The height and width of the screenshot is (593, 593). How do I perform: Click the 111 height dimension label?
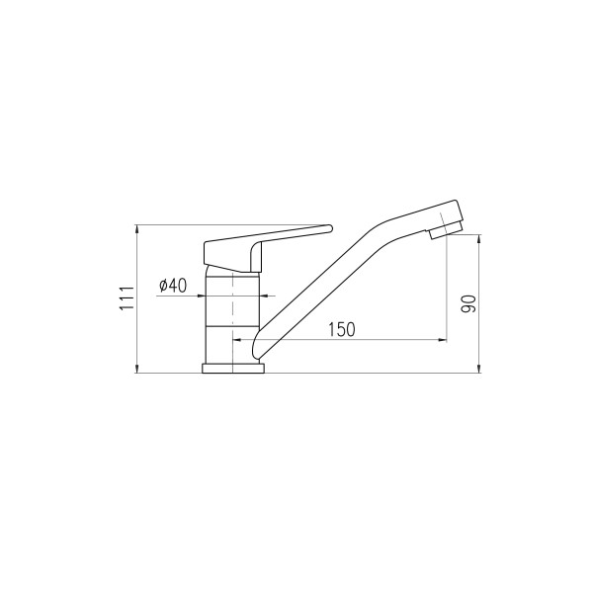[x=127, y=298]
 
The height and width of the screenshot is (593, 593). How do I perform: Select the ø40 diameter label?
[x=173, y=286]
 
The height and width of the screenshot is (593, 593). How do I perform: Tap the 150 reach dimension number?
[x=342, y=329]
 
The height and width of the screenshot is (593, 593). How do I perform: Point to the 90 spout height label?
[x=468, y=303]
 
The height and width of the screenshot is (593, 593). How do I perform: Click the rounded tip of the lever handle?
[x=330, y=228]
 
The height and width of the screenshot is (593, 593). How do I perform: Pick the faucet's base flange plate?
[x=233, y=369]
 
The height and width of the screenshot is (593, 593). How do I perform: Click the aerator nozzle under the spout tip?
[x=446, y=229]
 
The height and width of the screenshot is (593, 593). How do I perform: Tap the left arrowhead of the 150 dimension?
[x=237, y=340]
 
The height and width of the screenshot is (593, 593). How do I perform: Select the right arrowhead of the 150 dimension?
[x=443, y=340]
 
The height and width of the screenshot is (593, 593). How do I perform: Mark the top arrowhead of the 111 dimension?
[x=136, y=229]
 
